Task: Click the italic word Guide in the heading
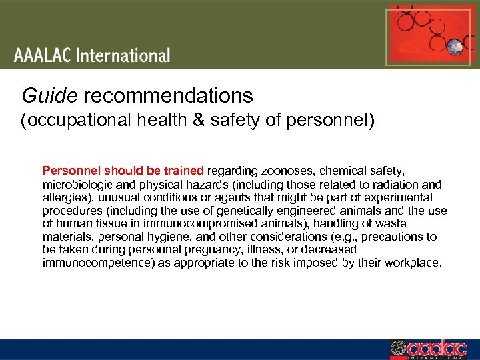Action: [49, 96]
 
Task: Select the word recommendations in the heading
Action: [168, 96]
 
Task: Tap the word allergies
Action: [63, 197]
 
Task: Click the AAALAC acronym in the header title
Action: [43, 55]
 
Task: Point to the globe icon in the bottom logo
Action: [399, 349]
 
